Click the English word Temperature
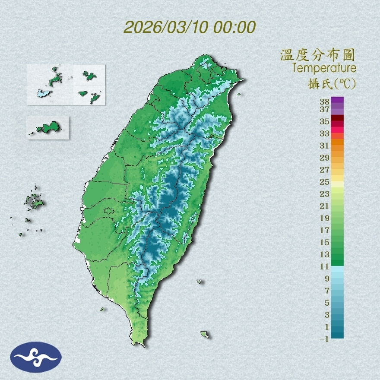(x=324, y=68)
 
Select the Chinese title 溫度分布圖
(x=318, y=55)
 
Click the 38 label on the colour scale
(x=325, y=102)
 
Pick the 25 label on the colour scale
(x=325, y=181)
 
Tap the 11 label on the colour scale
(x=325, y=266)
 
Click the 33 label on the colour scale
(x=325, y=133)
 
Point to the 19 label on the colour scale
(x=325, y=218)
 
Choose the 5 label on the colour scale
(x=327, y=303)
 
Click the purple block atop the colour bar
(x=337, y=100)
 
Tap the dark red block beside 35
(x=337, y=118)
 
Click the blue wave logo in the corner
(x=36, y=357)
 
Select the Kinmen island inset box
(x=47, y=128)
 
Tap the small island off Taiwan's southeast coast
(x=205, y=334)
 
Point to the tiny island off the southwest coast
(x=102, y=309)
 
